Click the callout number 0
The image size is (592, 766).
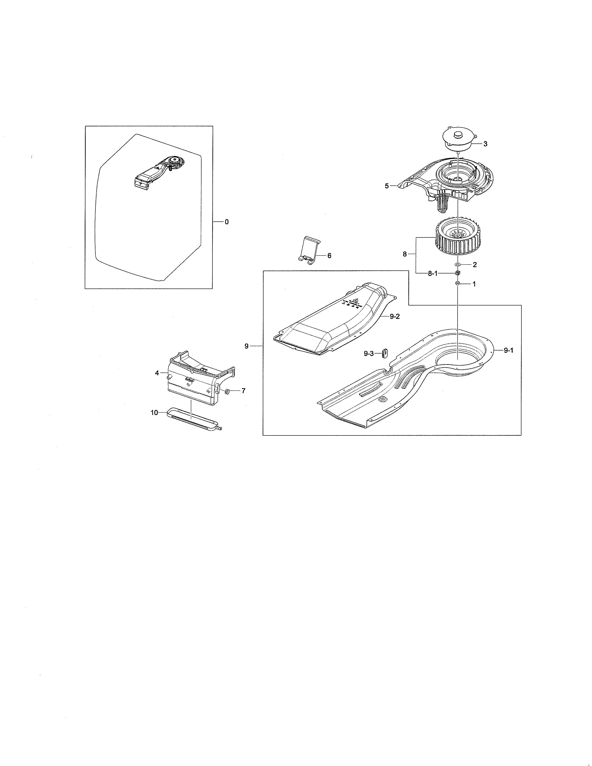[227, 222]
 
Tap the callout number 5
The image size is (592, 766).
[387, 186]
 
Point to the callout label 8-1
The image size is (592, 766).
[433, 274]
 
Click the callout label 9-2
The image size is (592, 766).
[394, 316]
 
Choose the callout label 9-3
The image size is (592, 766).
[369, 354]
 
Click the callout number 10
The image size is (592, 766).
[154, 413]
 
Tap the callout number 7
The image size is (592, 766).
[243, 391]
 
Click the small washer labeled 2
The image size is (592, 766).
[457, 264]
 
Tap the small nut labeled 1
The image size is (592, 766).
[457, 283]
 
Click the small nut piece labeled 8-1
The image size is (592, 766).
[457, 273]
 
